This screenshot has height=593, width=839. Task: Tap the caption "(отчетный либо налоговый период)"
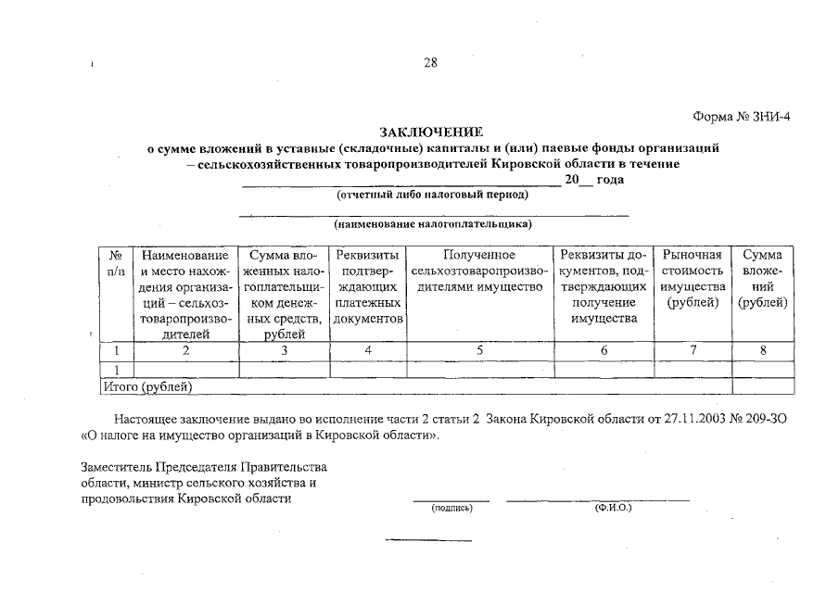(432, 195)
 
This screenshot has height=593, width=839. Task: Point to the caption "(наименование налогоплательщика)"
(433, 223)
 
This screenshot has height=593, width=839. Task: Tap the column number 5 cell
(479, 351)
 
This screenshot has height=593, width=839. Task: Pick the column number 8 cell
(763, 351)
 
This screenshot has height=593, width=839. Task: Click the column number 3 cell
(284, 351)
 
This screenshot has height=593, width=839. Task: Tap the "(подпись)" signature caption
(451, 508)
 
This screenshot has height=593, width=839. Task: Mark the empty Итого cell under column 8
(763, 386)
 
